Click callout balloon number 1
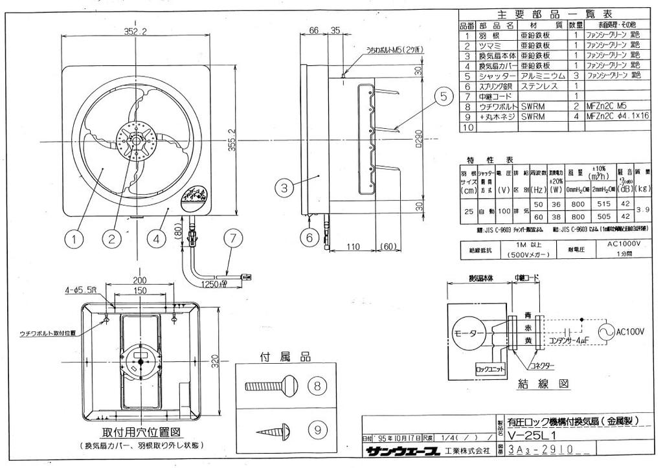75,238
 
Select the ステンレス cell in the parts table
534,85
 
